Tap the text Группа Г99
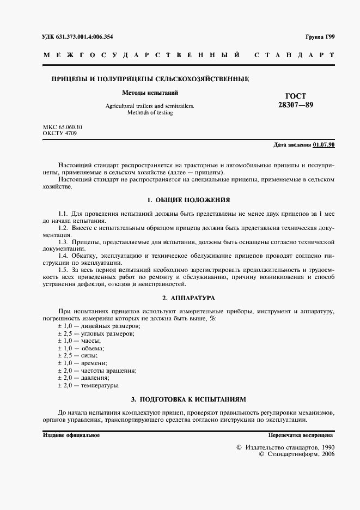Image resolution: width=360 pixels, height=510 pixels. tap(320, 37)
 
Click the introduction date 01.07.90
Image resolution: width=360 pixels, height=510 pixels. tap(324, 145)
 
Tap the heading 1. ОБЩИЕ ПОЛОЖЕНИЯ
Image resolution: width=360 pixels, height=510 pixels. tap(189, 200)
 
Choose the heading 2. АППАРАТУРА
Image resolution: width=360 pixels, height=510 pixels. tap(189, 298)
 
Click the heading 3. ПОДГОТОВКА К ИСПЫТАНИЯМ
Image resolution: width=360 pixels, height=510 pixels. tap(189, 399)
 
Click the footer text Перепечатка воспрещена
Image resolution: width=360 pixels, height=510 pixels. tap(300, 435)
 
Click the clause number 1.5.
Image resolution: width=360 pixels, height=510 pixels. tap(63, 270)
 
